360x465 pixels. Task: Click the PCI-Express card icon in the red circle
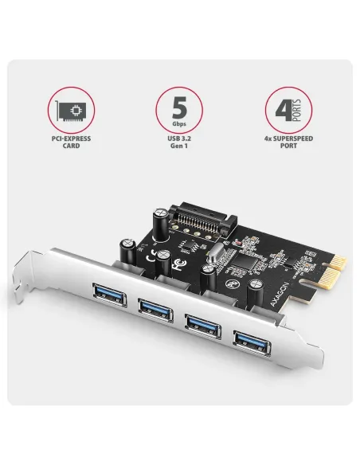click(72, 110)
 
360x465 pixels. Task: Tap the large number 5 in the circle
click(179, 107)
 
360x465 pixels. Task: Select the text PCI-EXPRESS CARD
click(72, 143)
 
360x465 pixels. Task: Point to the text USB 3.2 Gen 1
click(180, 143)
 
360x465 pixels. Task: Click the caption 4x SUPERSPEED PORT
click(288, 143)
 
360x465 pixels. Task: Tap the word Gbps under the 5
click(180, 125)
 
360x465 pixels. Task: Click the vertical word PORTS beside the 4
click(296, 110)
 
